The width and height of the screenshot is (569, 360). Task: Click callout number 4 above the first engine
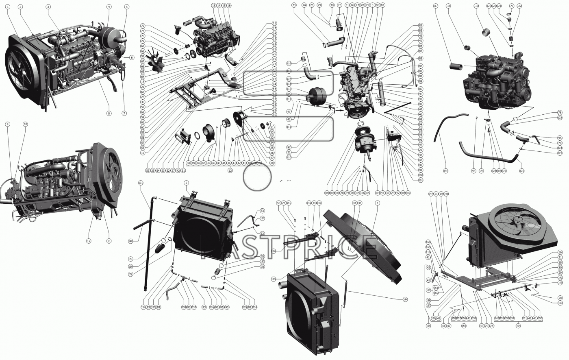(x=109, y=7)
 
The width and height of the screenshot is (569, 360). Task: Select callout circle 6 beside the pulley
(x=132, y=58)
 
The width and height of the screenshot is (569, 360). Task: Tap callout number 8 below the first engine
(x=109, y=113)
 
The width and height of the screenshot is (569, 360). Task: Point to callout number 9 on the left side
(x=7, y=124)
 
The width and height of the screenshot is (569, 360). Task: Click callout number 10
(x=25, y=124)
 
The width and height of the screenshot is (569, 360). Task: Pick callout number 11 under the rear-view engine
(x=109, y=241)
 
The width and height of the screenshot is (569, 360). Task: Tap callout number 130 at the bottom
(x=446, y=171)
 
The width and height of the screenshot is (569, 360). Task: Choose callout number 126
(x=521, y=171)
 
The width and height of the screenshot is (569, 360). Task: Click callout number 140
(x=130, y=241)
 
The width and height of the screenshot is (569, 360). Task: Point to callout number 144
(x=405, y=299)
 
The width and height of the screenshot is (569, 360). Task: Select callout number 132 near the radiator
(x=263, y=218)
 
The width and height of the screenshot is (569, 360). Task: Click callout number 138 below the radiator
(x=184, y=307)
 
